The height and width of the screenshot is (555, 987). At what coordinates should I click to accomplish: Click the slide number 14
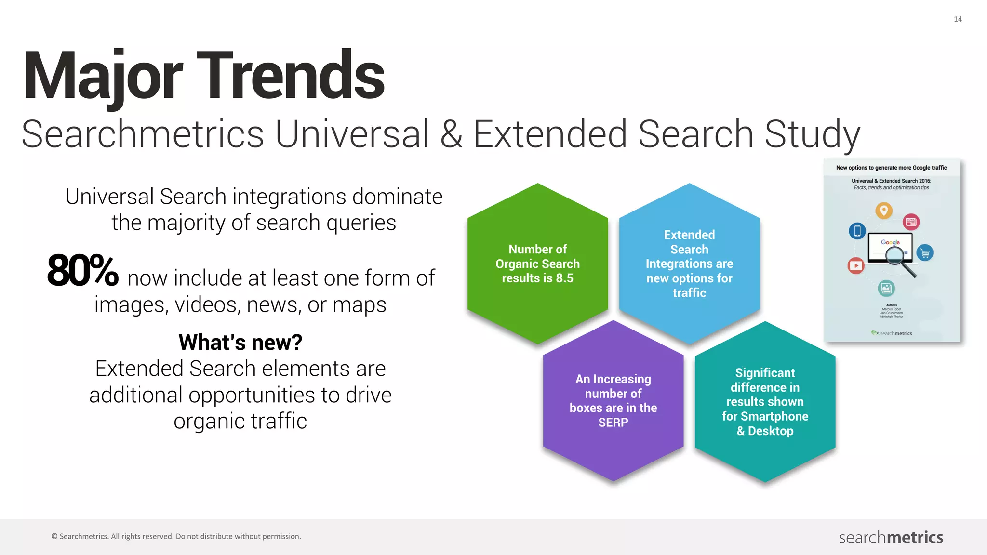point(958,19)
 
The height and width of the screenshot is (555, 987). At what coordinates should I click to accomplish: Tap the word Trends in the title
point(291,76)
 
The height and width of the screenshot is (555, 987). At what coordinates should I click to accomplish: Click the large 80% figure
point(83,271)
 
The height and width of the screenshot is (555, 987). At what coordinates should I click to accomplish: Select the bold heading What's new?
point(240,343)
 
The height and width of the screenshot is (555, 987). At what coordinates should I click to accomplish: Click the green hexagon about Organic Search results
point(537,264)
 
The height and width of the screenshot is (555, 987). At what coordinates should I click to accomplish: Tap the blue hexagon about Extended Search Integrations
point(689,264)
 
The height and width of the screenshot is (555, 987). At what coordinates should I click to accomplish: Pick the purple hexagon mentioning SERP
point(613,401)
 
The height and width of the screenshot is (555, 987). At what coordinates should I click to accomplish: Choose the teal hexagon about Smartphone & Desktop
point(765,402)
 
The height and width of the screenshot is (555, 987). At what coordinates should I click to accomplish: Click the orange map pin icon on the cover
point(884,211)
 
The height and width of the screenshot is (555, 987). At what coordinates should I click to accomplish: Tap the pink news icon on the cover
point(911,222)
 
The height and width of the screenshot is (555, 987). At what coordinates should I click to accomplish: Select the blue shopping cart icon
point(925,252)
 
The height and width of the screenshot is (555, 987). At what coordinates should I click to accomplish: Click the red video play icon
point(856,265)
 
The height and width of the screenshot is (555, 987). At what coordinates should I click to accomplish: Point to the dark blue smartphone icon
point(857,231)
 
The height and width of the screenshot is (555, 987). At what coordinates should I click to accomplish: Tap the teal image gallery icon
point(886,289)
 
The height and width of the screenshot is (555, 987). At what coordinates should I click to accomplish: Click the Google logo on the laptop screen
point(890,242)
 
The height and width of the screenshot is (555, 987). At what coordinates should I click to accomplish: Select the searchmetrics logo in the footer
point(891,537)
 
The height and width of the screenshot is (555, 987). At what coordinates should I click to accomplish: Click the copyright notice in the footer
point(176,536)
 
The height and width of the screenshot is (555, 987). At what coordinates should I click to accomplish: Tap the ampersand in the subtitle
point(451,134)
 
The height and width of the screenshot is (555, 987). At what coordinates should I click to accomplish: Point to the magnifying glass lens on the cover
point(894,255)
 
